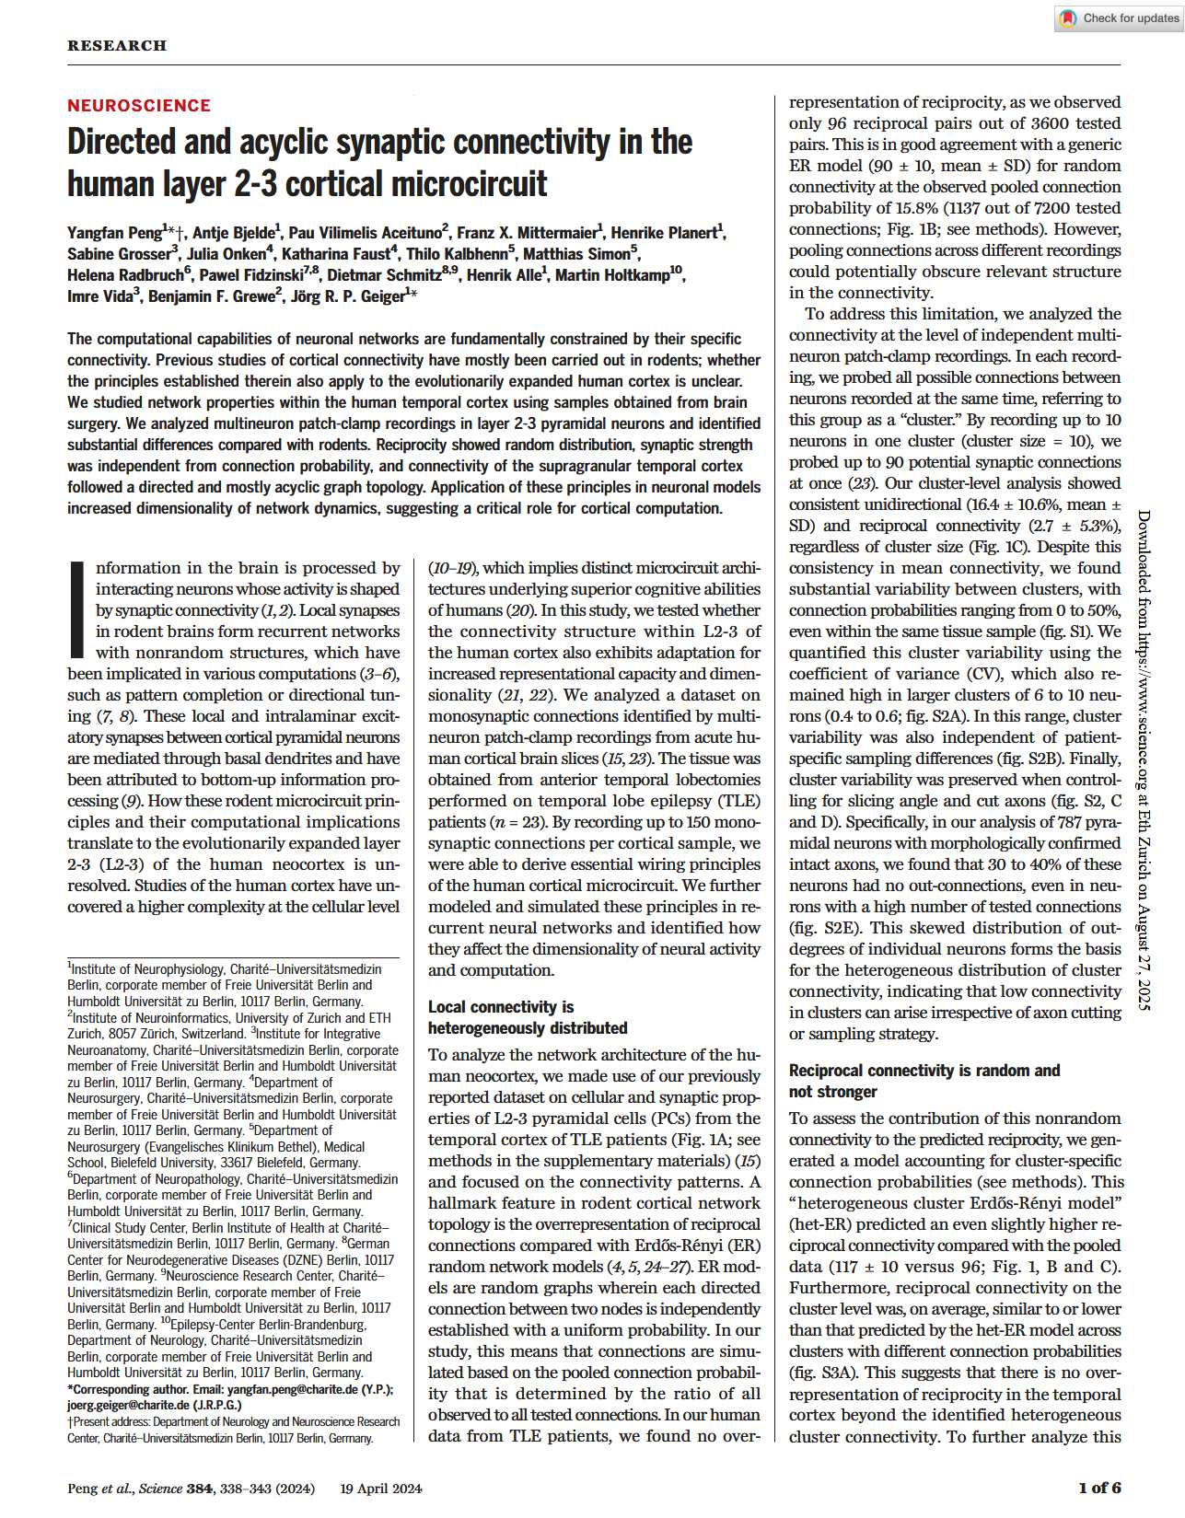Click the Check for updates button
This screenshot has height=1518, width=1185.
click(x=1119, y=17)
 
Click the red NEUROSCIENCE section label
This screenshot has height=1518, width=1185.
click(x=139, y=106)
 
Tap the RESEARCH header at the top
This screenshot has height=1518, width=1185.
click(x=117, y=45)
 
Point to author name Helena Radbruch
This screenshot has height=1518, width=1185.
click(x=125, y=275)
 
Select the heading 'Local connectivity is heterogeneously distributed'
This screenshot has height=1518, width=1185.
click(x=527, y=1017)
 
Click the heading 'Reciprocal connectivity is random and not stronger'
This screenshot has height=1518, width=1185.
click(x=924, y=1081)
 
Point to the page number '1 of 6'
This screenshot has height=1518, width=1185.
click(x=1098, y=1488)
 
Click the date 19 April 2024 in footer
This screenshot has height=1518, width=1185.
click(x=380, y=1488)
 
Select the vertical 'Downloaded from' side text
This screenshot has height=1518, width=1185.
click(x=1144, y=759)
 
